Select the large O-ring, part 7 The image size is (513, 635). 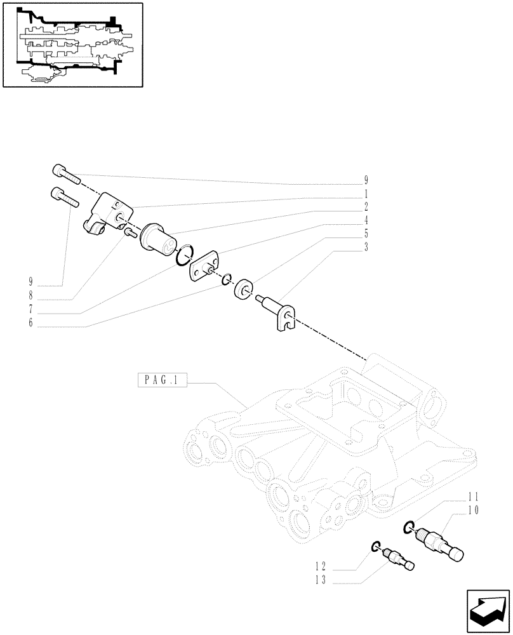click(183, 255)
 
